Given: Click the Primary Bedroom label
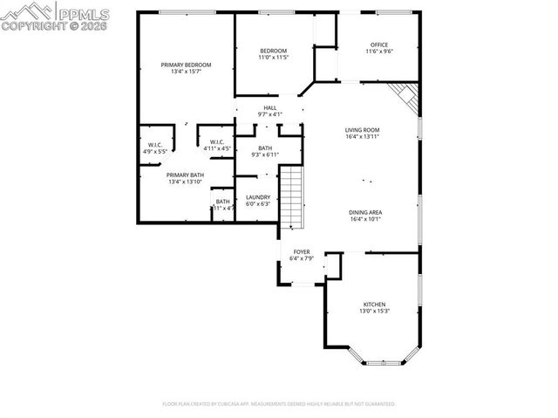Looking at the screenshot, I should pos(185,65).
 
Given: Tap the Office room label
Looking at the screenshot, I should pos(379,45).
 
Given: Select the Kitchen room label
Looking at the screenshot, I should pos(374,305).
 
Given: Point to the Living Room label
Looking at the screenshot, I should pos(363,130).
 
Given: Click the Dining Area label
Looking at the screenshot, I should pos(365,212).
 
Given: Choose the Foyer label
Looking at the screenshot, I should pos(302,251).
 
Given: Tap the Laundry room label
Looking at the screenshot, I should pos(257,197).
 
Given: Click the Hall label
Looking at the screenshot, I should pos(270,107).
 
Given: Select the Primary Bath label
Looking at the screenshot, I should pos(185,175).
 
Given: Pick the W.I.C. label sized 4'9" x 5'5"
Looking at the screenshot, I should pos(154,145).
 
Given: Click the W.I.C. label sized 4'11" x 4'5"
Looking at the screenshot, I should pos(217,142).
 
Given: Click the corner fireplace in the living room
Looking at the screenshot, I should pos(405,98).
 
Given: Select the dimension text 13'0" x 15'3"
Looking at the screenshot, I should pos(374,312).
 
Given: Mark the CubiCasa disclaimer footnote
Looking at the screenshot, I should pos(279,404).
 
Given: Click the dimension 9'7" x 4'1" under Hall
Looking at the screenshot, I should pos(270,114).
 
